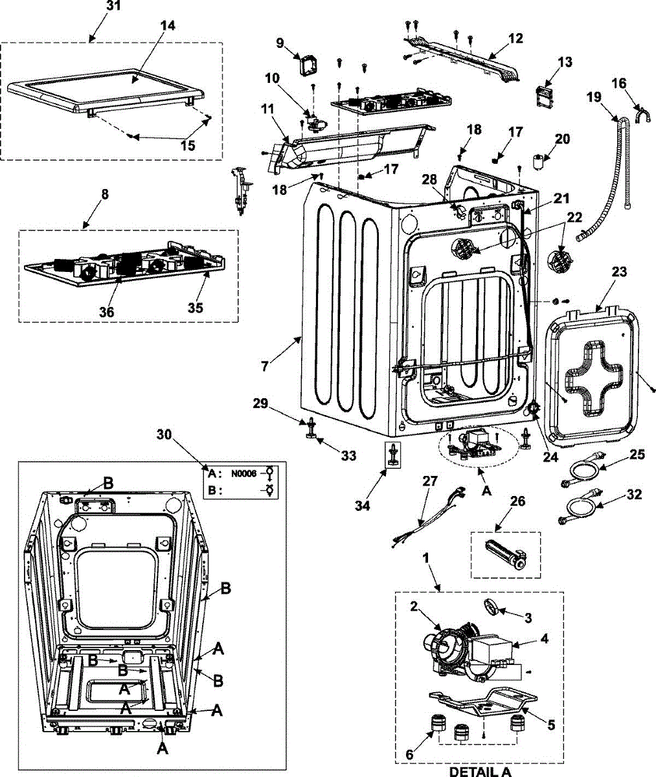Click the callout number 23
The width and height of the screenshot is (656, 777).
click(619, 272)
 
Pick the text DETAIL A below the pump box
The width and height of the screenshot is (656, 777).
click(480, 771)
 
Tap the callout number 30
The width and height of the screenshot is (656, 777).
click(164, 434)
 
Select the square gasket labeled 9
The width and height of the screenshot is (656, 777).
click(306, 65)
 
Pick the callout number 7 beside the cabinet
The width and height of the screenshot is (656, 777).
click(264, 366)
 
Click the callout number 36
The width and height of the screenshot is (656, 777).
click(106, 311)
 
